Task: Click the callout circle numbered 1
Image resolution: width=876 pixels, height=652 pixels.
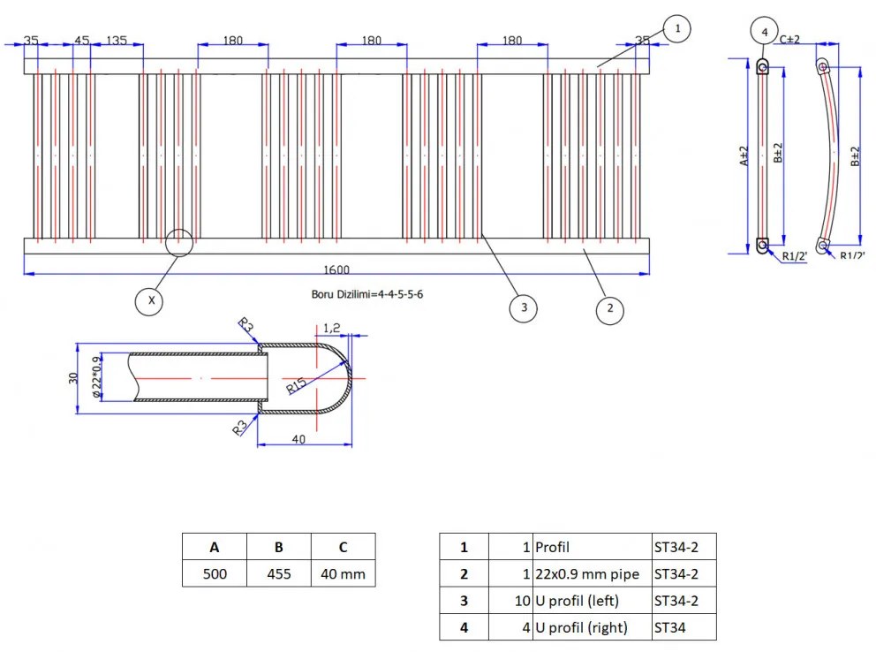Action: pos(676,30)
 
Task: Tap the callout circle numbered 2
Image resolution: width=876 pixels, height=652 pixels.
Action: pos(608,309)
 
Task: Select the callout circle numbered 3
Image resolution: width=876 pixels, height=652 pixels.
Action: pos(524,307)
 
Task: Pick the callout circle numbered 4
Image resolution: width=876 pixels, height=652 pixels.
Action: pos(765,31)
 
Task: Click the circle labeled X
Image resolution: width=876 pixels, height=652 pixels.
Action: pos(152,300)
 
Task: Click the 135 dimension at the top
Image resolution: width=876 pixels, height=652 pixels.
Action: pos(117,41)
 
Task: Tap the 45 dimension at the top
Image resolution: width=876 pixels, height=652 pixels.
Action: pos(81,41)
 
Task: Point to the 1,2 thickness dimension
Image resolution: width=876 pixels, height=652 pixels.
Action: pos(332,327)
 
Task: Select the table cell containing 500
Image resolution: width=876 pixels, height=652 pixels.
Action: pos(215,574)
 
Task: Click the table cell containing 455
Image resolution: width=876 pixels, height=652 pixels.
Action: pos(279,574)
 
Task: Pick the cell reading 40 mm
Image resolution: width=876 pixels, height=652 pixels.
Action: pos(343,574)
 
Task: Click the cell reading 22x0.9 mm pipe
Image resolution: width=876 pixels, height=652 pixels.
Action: pos(587,574)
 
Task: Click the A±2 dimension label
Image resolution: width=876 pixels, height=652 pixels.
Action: pos(744,155)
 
